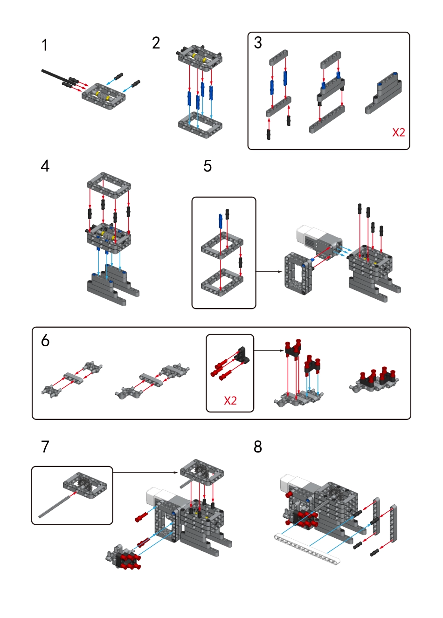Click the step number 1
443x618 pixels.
[x=44, y=45]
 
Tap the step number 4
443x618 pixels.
[x=45, y=166]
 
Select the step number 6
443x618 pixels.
[x=45, y=341]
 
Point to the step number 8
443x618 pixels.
[x=257, y=447]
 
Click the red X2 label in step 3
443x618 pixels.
[x=398, y=132]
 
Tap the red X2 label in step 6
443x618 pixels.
[x=230, y=400]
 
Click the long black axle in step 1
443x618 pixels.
[x=54, y=76]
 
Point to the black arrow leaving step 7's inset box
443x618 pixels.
[x=145, y=473]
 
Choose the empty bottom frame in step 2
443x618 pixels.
[x=200, y=124]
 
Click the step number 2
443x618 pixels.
[x=156, y=43]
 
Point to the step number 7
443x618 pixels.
[x=45, y=447]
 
